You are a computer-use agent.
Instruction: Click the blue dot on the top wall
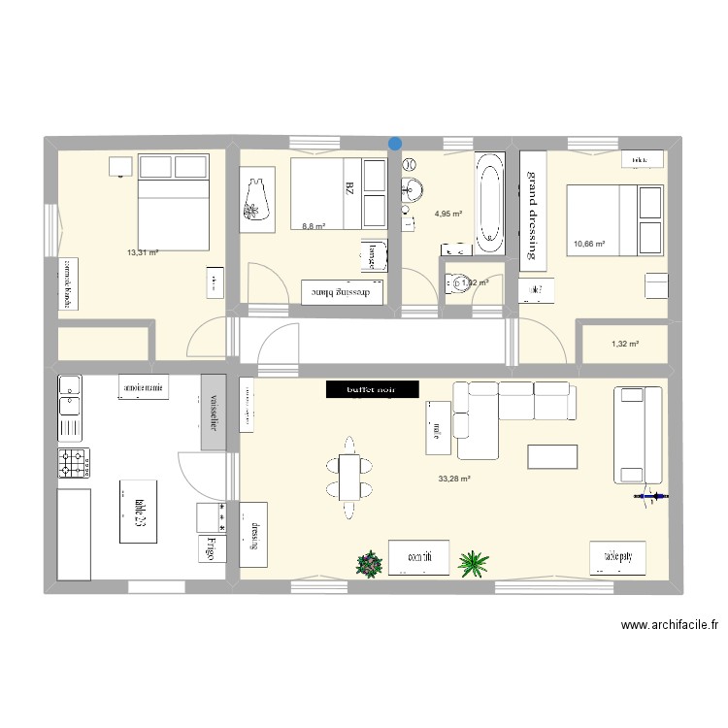point(395,144)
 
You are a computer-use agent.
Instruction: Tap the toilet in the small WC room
point(457,283)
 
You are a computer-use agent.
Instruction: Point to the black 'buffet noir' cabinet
point(372,389)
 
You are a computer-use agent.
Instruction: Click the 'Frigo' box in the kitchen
point(212,548)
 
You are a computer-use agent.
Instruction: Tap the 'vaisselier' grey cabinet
point(213,413)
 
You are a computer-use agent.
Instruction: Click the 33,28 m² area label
point(453,479)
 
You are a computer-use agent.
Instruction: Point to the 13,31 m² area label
point(143,252)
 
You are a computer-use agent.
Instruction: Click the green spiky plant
point(473,562)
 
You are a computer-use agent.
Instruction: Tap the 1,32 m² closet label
point(623,344)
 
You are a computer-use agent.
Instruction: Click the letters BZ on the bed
point(347,187)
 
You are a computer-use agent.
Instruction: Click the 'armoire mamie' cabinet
point(146,386)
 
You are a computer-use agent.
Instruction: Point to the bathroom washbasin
point(414,187)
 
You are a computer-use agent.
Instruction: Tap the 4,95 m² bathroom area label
point(448,214)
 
